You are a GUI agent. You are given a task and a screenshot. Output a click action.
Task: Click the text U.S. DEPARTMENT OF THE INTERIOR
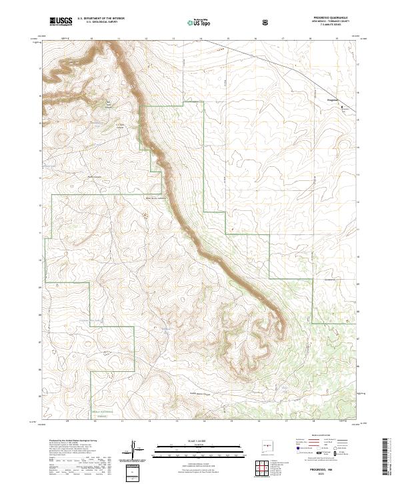click(100, 19)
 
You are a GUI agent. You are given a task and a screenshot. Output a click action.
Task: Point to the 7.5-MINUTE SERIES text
click(329, 27)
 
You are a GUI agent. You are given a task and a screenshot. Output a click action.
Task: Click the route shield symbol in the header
click(266, 22)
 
